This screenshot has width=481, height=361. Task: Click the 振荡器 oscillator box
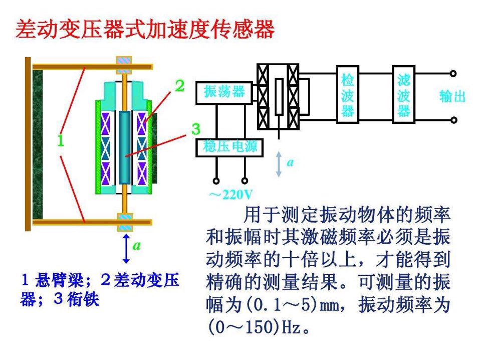point(224,92)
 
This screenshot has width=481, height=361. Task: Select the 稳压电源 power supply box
point(230,146)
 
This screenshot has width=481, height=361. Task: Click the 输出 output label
point(452,96)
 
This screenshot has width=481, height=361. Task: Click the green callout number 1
point(60,141)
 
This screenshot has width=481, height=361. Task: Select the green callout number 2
point(179,86)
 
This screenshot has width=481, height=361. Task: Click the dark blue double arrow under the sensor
point(126,248)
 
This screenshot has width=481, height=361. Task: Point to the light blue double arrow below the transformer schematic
point(279,164)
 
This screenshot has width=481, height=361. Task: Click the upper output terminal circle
point(453,74)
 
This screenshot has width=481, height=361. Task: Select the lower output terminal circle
point(453,120)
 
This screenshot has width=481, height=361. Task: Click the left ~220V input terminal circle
point(216,180)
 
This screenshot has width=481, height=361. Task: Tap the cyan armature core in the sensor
point(124,148)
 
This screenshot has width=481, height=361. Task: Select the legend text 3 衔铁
point(75,299)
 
